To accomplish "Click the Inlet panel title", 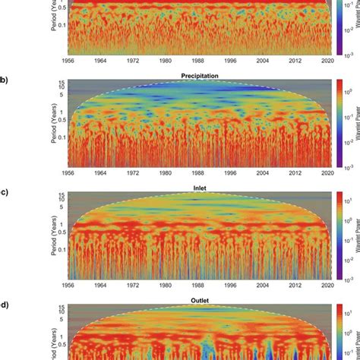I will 189,182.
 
